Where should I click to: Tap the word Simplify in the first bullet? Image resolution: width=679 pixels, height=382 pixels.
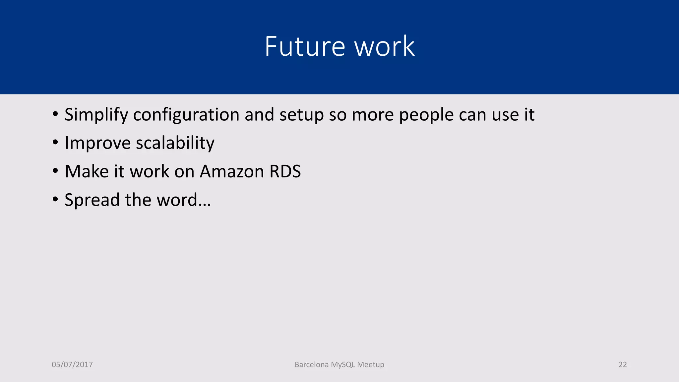click(96, 115)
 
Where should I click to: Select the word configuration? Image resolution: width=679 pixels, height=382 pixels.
click(186, 115)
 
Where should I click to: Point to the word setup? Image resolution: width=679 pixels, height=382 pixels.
click(301, 115)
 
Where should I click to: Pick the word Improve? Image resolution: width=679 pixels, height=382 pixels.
click(98, 143)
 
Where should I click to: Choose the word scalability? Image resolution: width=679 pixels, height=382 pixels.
click(175, 143)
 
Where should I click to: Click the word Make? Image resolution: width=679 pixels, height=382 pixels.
click(87, 171)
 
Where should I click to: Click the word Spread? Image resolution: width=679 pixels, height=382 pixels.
click(92, 200)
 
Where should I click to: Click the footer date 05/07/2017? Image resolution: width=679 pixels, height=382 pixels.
click(72, 365)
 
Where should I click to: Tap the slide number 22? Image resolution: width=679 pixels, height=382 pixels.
click(623, 365)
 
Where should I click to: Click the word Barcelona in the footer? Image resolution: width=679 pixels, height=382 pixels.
click(311, 365)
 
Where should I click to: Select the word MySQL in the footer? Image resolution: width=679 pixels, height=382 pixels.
click(343, 365)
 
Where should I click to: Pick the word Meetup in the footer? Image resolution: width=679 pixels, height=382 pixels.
click(371, 365)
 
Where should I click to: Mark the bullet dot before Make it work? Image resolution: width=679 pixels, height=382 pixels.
click(55, 171)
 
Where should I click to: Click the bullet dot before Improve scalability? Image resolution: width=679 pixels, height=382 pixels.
click(55, 143)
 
